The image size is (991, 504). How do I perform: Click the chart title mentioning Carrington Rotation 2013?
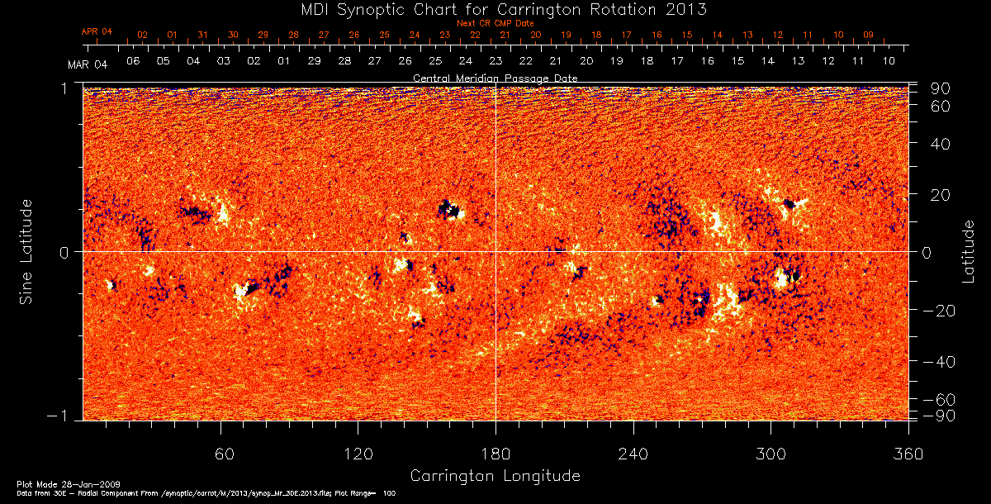click(x=495, y=9)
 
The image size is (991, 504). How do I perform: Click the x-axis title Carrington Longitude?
click(x=495, y=476)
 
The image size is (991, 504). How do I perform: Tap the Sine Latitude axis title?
click(x=26, y=251)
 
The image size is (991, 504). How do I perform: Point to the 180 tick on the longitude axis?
click(x=495, y=454)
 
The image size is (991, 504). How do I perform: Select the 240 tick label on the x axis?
click(x=633, y=454)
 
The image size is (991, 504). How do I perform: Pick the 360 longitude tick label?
click(x=908, y=454)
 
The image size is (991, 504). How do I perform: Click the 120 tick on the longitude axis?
click(x=358, y=454)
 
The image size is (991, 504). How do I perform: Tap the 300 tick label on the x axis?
click(x=771, y=454)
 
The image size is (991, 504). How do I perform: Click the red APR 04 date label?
click(x=97, y=31)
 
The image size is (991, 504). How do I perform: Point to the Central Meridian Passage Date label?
click(x=495, y=78)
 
